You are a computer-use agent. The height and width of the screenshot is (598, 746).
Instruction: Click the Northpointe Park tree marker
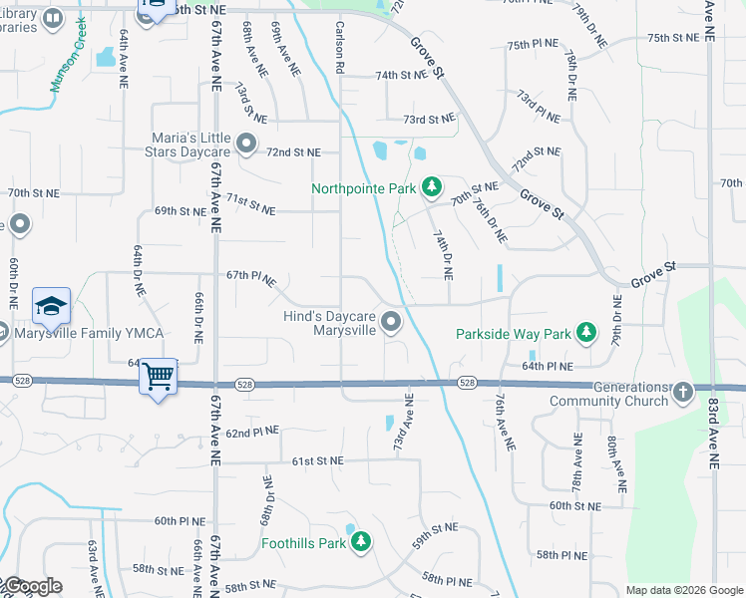[x=432, y=186]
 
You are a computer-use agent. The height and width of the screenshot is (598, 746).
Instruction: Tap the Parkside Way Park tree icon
[x=588, y=332]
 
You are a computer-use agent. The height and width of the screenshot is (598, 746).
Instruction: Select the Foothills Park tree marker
[x=361, y=542]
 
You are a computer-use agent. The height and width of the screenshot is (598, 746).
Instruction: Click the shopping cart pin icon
[x=158, y=377]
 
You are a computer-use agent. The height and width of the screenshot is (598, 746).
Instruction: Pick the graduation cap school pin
[x=52, y=306]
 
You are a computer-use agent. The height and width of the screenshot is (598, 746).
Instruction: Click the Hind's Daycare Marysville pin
[x=391, y=321]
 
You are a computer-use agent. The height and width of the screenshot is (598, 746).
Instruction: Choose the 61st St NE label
[x=317, y=461]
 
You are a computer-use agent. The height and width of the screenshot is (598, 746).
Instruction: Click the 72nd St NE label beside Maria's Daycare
[x=293, y=152]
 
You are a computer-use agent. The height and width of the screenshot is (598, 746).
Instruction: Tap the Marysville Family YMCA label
[x=87, y=333]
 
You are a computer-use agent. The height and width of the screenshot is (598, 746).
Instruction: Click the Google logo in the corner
[x=32, y=586]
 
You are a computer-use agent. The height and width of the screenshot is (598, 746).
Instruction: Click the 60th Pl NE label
[x=180, y=521]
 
